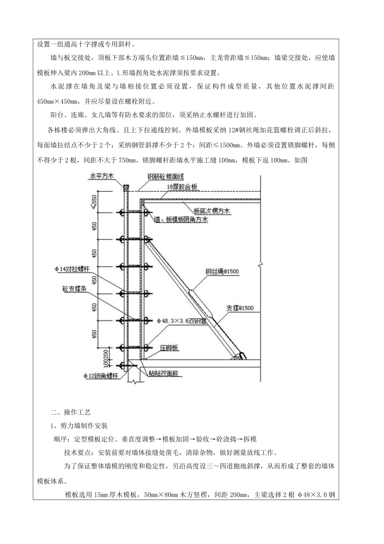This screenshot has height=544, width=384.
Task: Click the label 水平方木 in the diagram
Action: pyautogui.click(x=102, y=176)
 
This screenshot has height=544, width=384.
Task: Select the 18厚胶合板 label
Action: pyautogui.click(x=182, y=187)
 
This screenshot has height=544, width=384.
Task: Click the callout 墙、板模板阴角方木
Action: pyautogui.click(x=181, y=220)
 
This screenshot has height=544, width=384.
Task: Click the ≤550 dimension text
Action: pyautogui.click(x=95, y=201)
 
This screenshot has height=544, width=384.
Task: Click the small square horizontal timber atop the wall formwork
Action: pyautogui.click(x=126, y=188)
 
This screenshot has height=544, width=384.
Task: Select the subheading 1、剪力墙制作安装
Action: pyautogui.click(x=79, y=426)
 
